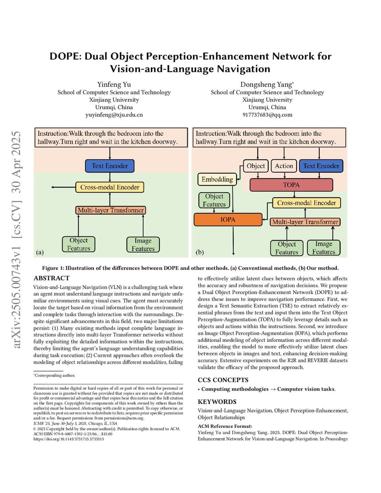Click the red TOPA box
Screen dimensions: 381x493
291,185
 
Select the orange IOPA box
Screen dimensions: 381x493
228,219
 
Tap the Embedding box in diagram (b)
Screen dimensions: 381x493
217,179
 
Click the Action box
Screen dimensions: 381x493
284,166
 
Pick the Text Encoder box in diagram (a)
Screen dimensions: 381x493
110,166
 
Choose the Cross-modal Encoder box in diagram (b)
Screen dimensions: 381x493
306,203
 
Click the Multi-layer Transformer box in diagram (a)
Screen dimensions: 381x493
110,210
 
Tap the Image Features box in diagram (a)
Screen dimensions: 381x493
143,245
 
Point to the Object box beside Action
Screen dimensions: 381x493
255,166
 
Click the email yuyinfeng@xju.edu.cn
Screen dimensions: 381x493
114,115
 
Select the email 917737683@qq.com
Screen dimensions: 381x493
267,115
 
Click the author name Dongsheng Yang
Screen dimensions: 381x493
266,84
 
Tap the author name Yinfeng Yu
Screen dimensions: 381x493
114,84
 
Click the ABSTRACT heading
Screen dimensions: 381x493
51,278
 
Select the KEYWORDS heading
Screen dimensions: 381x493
217,401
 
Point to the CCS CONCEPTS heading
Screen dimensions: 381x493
223,380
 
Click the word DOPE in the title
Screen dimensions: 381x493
64,56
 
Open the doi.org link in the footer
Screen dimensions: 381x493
69,439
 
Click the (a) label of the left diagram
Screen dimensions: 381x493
40,252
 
